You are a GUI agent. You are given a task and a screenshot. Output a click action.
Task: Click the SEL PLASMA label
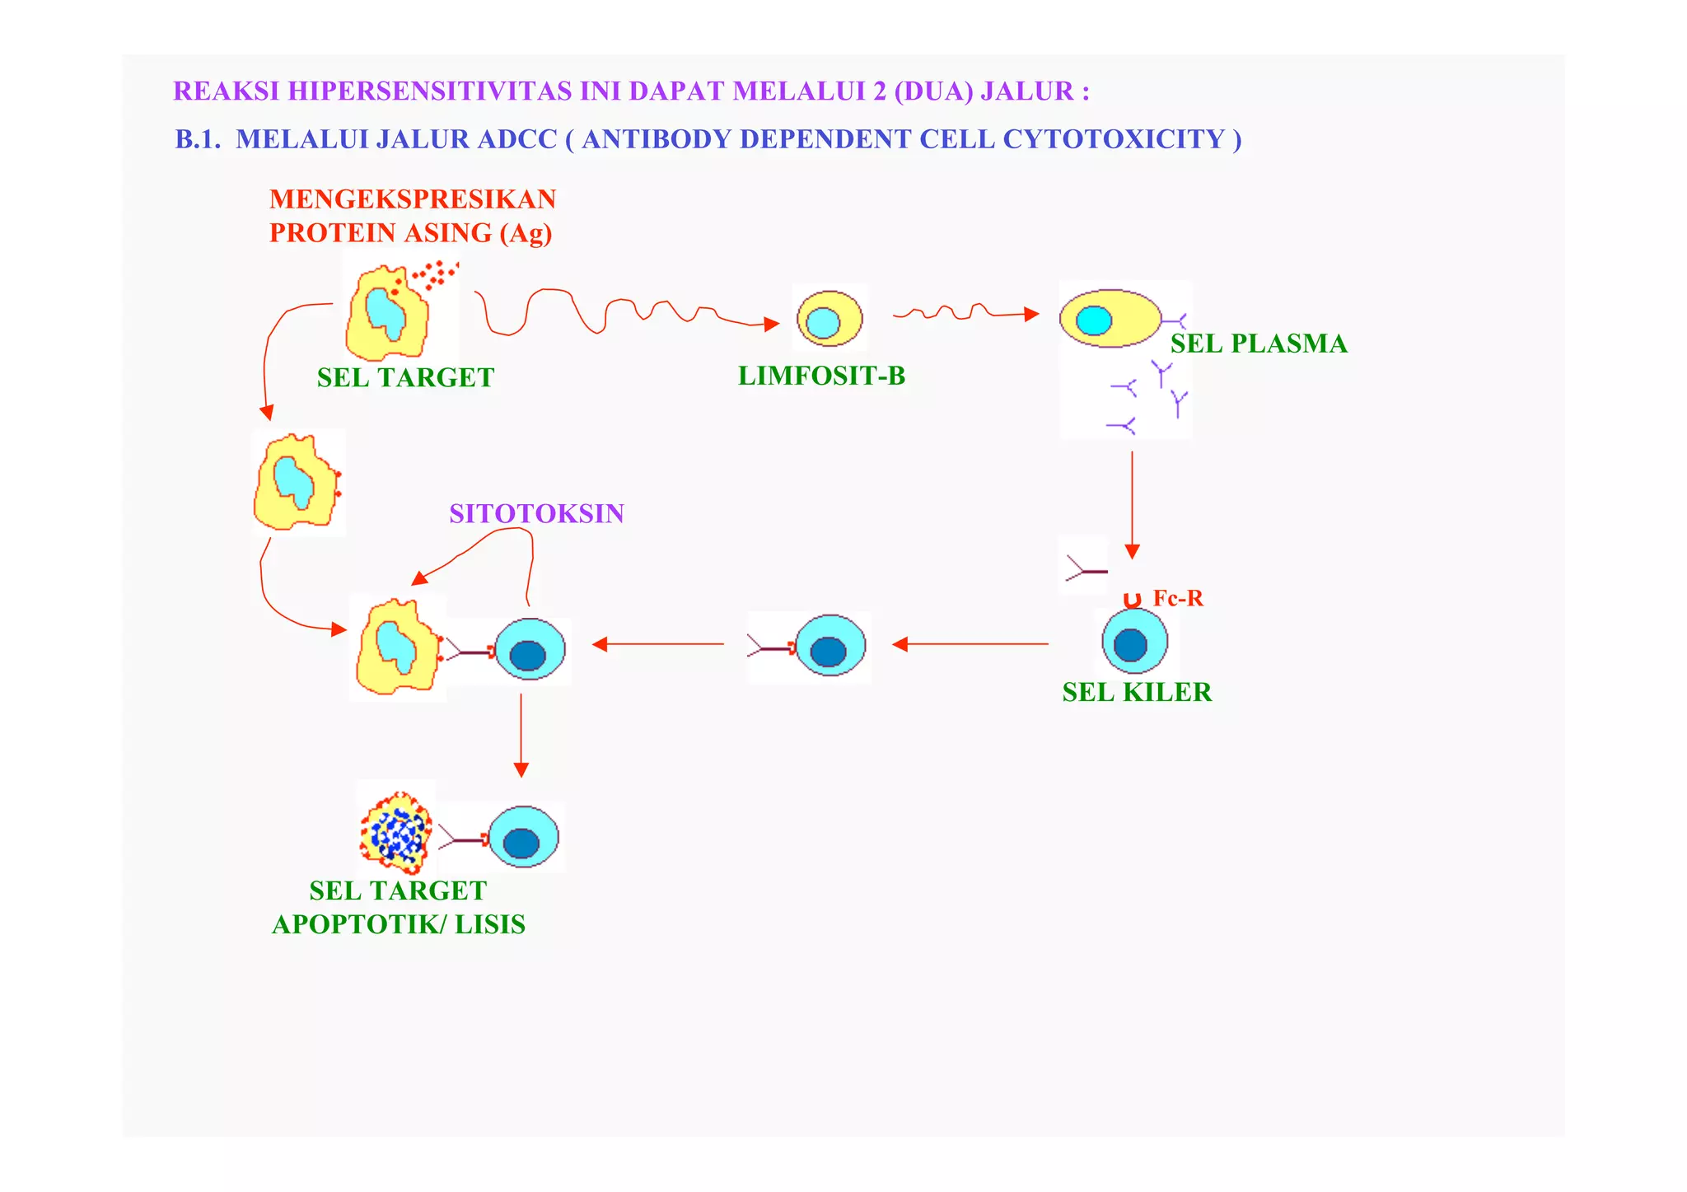coord(1258,344)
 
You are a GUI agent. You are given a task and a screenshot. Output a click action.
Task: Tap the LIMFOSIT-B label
coord(821,376)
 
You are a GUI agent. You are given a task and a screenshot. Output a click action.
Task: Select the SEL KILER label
coord(1137,692)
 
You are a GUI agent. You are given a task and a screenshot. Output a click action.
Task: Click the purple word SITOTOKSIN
coord(536,513)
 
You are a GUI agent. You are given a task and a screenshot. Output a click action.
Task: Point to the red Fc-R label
coord(1177,598)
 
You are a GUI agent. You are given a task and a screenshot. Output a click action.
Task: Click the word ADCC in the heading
coord(517,139)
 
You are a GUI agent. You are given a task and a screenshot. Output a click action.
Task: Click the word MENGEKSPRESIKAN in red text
coord(413,199)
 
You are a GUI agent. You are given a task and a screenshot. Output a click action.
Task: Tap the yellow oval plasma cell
coord(1110,318)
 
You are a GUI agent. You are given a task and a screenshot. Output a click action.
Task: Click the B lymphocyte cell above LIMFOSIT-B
coord(829,319)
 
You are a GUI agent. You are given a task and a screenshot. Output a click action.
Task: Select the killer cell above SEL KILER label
coord(1134,642)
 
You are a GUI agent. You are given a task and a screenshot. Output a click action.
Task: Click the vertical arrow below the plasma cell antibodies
coord(1132,503)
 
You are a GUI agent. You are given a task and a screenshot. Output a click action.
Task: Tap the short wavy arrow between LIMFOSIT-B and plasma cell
coord(964,313)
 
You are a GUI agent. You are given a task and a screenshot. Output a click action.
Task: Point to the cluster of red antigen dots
coord(435,274)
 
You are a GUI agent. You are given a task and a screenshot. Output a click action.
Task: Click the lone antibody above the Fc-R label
coord(1083,568)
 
